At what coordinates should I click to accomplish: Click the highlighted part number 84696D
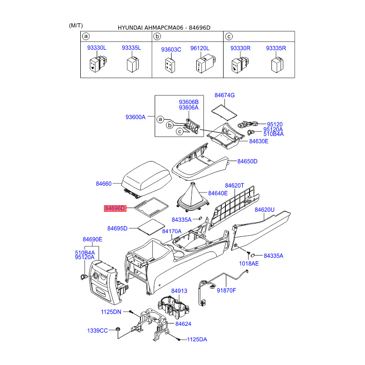115,209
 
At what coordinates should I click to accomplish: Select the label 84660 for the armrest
104,184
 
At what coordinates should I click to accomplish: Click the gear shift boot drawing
193,198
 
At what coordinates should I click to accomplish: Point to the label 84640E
218,193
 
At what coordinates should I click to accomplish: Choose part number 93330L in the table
97,48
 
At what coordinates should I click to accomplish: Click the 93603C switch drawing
170,66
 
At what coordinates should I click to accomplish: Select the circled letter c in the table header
229,36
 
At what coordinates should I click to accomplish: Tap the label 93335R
276,48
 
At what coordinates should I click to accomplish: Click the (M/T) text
76,26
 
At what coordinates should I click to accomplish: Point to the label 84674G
224,95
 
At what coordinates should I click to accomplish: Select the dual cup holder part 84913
173,307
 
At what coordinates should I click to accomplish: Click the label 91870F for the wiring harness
226,290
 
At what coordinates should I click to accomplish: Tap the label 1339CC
97,330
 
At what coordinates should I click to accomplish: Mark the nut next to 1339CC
118,329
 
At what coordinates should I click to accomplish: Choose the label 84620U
265,210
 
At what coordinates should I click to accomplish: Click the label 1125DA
197,339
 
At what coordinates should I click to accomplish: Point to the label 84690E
93,239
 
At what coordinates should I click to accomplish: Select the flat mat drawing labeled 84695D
151,227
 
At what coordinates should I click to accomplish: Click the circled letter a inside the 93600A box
160,120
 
